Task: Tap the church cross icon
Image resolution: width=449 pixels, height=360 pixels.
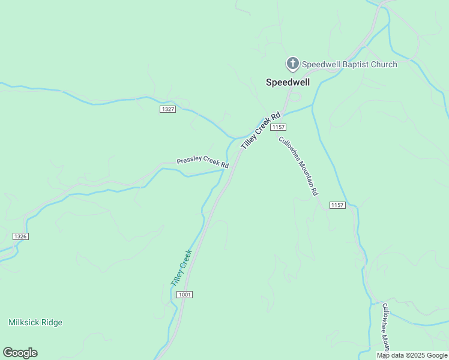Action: [292, 63]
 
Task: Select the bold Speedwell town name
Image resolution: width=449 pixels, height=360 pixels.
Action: [288, 82]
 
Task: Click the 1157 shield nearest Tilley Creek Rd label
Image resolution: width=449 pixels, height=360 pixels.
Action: [278, 127]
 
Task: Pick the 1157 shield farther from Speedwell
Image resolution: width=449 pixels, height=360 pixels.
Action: [337, 205]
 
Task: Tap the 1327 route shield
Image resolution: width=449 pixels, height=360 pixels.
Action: [168, 109]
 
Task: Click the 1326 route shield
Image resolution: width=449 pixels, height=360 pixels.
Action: [20, 236]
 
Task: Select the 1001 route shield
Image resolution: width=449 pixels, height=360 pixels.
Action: [184, 295]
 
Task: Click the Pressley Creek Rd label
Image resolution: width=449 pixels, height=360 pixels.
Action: [202, 163]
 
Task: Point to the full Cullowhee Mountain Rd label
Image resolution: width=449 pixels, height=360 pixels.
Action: [298, 166]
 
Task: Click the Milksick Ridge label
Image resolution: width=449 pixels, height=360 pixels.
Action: [35, 322]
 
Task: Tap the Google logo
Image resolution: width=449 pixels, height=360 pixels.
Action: [20, 353]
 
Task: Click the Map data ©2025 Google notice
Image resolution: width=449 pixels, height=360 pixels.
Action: [412, 355]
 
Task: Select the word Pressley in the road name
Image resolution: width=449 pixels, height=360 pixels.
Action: [190, 161]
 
